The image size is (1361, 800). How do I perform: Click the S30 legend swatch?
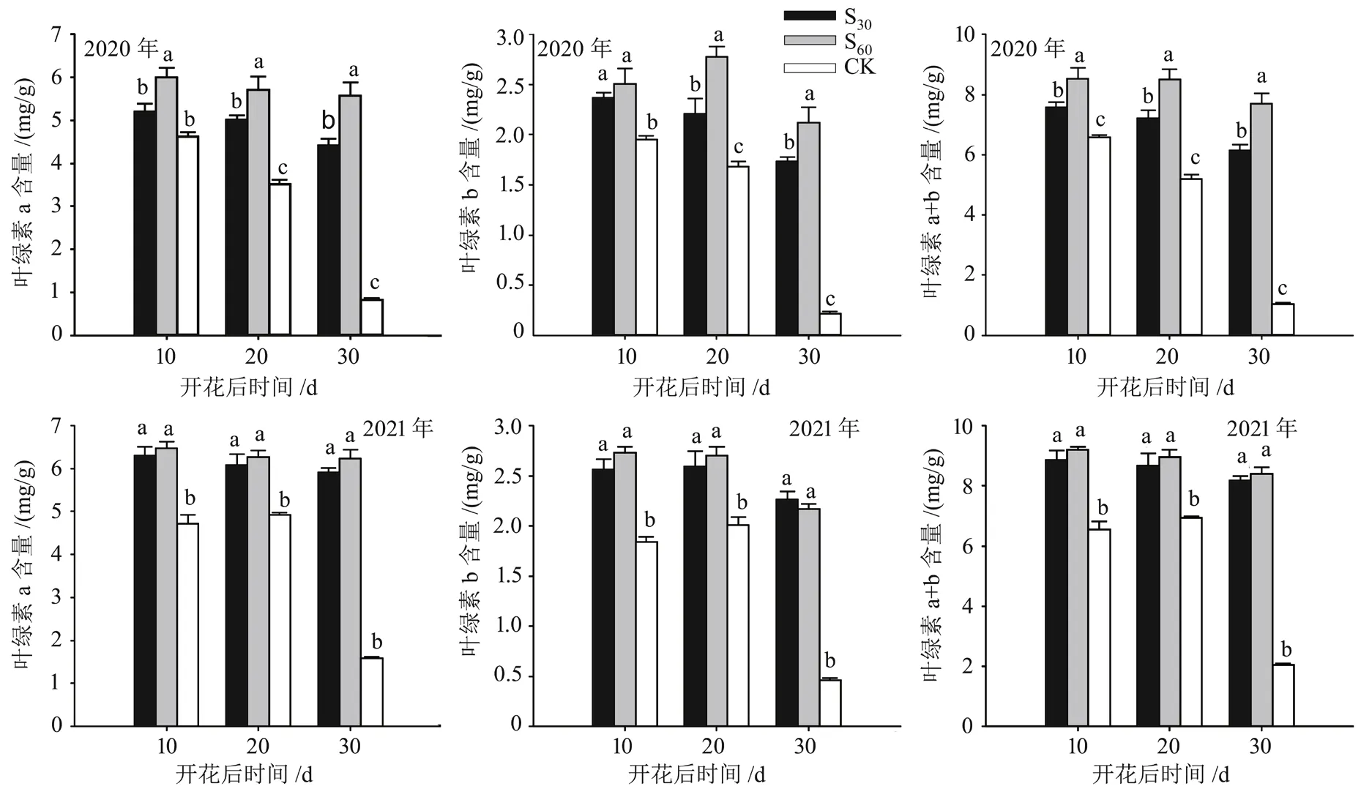[x=809, y=15]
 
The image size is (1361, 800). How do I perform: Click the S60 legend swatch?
[x=809, y=40]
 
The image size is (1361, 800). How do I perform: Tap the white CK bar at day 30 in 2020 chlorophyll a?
[x=371, y=317]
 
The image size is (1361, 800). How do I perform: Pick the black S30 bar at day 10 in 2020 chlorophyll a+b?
[x=1055, y=220]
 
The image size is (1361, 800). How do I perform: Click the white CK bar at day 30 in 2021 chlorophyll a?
[x=371, y=692]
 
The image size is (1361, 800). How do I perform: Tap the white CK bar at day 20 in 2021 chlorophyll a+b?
[x=1190, y=621]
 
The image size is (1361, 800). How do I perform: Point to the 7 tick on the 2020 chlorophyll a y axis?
[x=57, y=34]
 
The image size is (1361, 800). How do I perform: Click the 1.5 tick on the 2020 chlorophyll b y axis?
[x=510, y=185]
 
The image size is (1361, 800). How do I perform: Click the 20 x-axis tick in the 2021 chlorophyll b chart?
[x=713, y=746]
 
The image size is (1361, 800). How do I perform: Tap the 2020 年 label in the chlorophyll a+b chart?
[x=1028, y=48]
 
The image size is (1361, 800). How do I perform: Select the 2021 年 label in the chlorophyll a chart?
[x=398, y=427]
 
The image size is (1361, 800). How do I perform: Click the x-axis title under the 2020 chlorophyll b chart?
[x=701, y=386]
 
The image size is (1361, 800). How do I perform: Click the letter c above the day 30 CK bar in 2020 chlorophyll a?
[x=374, y=283]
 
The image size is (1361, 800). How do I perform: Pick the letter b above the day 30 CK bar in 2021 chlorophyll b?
[x=829, y=662]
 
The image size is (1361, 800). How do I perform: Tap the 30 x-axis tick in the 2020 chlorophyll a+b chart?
[x=1259, y=356]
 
